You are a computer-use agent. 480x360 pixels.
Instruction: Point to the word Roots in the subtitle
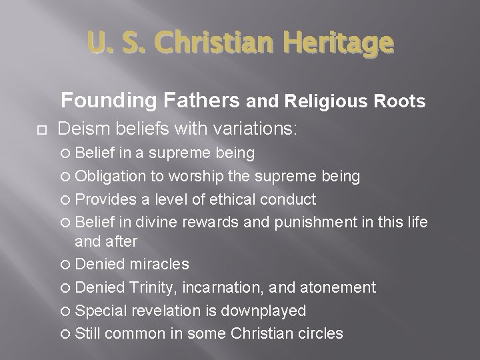[402, 101]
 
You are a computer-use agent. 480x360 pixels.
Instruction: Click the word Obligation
[108, 176]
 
